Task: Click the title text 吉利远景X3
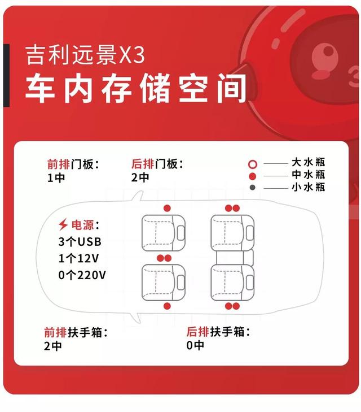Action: tap(85, 55)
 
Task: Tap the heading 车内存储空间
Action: tap(135, 88)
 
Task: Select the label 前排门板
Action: tap(73, 164)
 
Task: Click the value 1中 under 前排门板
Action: tap(56, 178)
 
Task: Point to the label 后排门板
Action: tap(157, 164)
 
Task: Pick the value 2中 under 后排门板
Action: tap(140, 177)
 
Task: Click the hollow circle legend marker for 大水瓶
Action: tap(253, 164)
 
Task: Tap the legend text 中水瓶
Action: tap(309, 175)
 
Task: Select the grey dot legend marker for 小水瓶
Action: tap(253, 188)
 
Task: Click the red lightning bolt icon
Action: tap(63, 224)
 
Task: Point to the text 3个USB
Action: tap(80, 242)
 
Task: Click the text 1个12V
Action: tap(78, 258)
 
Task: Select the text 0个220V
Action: tap(82, 275)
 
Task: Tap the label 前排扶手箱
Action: tap(76, 332)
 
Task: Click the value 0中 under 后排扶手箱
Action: tap(195, 345)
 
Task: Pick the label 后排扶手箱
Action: tap(218, 332)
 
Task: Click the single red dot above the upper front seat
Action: tap(167, 209)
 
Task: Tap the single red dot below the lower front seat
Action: tap(167, 306)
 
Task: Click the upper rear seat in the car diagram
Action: tap(232, 233)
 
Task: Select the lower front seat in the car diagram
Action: tap(164, 283)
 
